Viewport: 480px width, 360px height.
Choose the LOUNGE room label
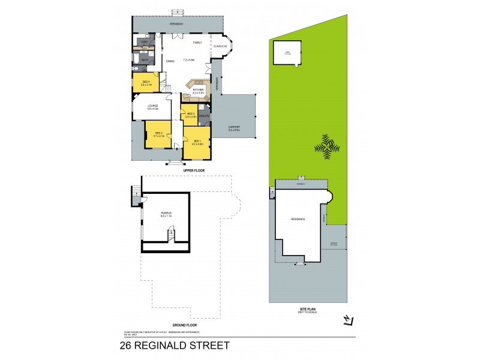click(x=153, y=107)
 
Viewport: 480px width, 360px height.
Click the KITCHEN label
click(x=199, y=91)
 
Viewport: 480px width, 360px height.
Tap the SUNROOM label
click(x=220, y=46)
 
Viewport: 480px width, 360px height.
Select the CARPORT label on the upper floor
click(x=235, y=128)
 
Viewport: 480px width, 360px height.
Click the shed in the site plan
click(x=287, y=52)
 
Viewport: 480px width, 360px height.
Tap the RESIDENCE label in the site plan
click(x=298, y=219)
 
